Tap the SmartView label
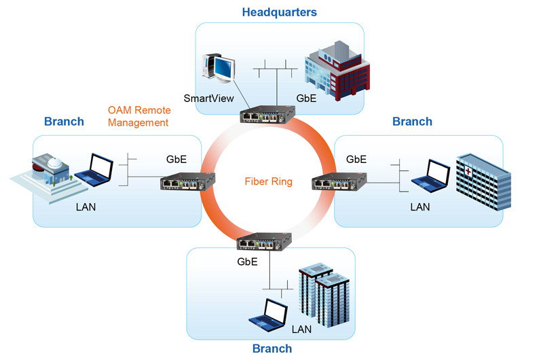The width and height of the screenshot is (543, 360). [x=203, y=98]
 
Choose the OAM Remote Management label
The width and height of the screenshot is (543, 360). [x=138, y=116]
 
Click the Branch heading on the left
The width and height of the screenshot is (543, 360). [x=64, y=122]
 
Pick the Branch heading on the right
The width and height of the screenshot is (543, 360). [x=412, y=122]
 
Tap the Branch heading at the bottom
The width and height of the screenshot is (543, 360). [x=271, y=348]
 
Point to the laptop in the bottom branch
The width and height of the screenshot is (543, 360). [x=269, y=313]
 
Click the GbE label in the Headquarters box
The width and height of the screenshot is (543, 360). [x=306, y=98]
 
